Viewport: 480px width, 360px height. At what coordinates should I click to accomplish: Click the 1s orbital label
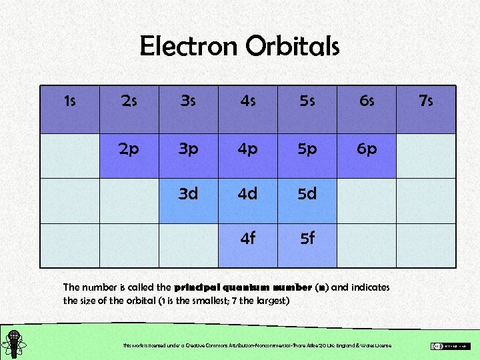[x=69, y=101]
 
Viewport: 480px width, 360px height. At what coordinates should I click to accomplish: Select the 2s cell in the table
[x=129, y=101]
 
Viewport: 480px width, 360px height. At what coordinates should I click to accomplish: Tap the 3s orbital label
[x=188, y=101]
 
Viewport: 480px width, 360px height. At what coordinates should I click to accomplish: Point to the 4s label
[x=247, y=101]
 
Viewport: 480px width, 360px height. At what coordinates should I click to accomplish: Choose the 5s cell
[x=307, y=101]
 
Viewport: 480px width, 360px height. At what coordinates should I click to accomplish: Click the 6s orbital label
[x=366, y=101]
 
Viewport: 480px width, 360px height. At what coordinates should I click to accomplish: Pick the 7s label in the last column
[x=425, y=101]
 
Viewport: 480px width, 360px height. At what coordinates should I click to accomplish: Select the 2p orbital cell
[x=129, y=149]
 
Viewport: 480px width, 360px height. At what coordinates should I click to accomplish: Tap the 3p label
[x=188, y=149]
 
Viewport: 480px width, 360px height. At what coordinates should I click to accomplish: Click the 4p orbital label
[x=247, y=149]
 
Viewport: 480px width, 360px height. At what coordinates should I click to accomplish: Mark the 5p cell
[x=307, y=149]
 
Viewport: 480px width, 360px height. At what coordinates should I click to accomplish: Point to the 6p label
[x=366, y=149]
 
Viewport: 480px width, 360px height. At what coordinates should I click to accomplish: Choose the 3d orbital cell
[x=188, y=194]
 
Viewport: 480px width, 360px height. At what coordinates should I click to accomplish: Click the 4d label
[x=247, y=194]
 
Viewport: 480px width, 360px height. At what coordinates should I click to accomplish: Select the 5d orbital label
[x=307, y=194]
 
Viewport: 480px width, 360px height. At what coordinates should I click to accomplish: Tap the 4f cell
[x=247, y=238]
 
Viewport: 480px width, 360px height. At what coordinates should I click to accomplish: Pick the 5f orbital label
[x=307, y=238]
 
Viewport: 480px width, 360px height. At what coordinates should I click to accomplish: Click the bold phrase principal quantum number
[x=243, y=287]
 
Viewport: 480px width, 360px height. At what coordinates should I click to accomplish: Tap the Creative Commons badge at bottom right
[x=450, y=345]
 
